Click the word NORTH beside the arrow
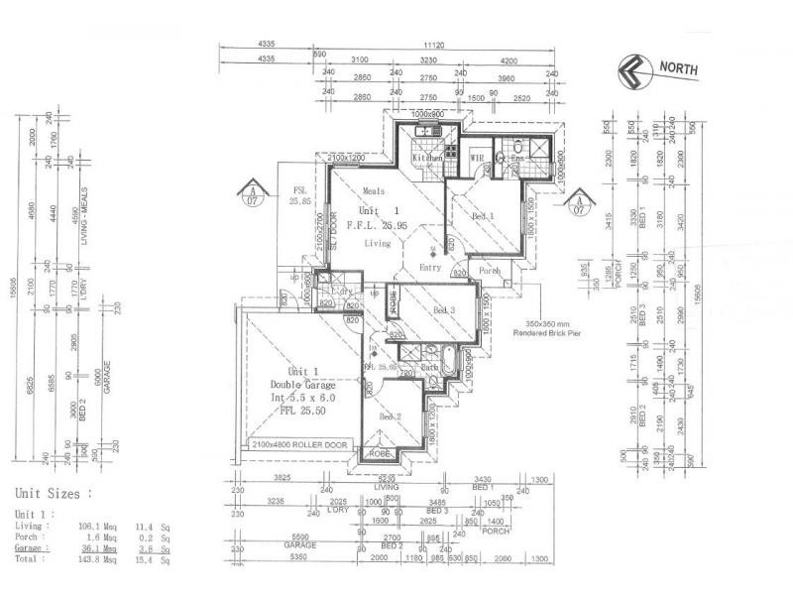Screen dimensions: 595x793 678,68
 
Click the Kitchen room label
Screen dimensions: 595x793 427,158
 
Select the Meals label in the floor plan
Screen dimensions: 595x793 374,190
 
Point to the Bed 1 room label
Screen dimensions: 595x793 483,215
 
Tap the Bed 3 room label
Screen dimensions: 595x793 445,309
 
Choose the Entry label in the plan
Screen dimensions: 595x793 429,267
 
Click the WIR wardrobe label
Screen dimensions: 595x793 476,158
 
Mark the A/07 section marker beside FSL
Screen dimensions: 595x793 252,193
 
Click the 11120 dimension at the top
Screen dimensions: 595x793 432,46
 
